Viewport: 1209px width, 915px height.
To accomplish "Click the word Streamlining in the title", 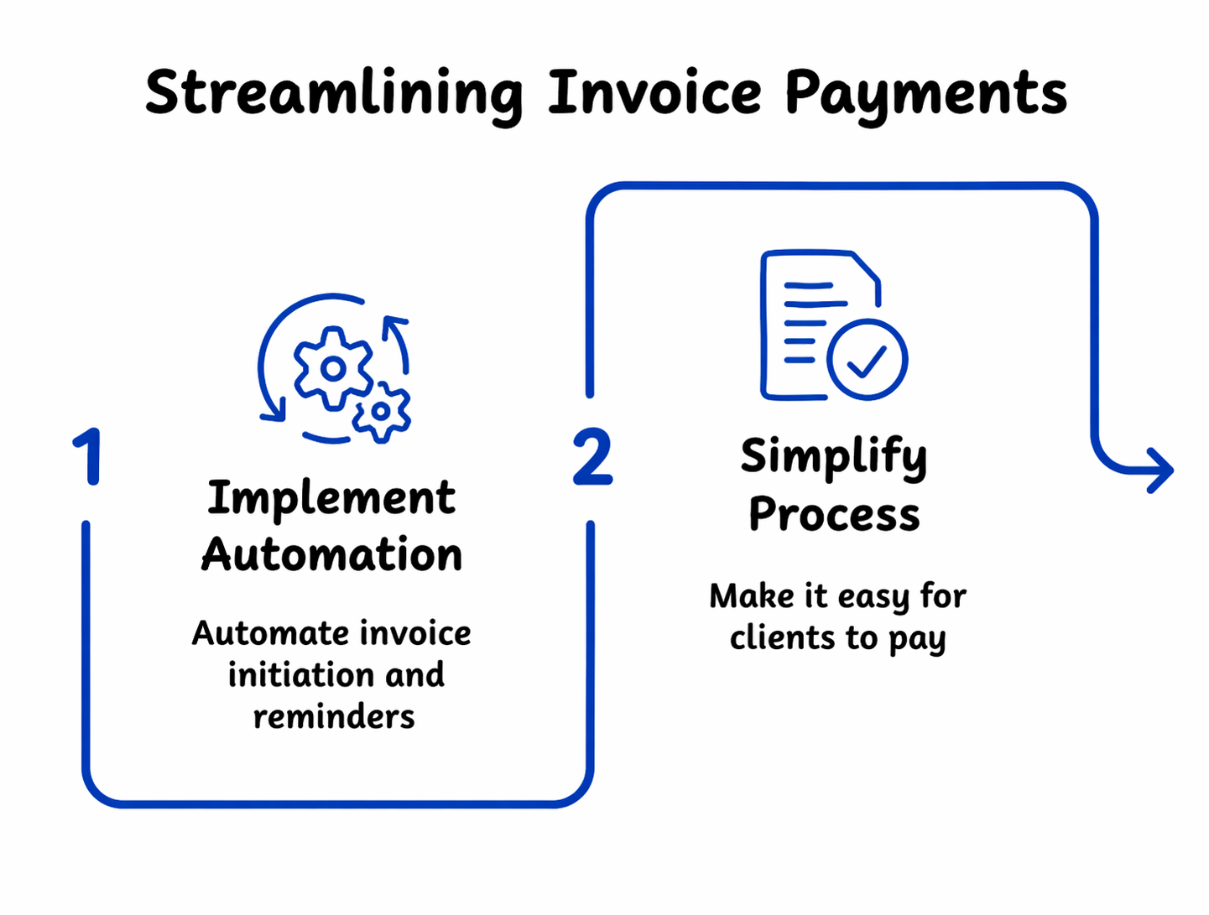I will click(x=333, y=94).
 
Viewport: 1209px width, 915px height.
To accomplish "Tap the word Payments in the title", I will click(x=925, y=94).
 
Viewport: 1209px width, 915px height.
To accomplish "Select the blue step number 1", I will click(x=87, y=457).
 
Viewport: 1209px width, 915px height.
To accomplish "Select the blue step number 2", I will click(x=592, y=458).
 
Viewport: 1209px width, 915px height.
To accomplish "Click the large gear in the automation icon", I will click(x=333, y=368).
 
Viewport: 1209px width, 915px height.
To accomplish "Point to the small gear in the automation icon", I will click(x=381, y=412).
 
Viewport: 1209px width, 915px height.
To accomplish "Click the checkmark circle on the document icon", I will click(x=867, y=359).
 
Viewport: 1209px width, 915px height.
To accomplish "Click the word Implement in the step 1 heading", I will click(x=331, y=499).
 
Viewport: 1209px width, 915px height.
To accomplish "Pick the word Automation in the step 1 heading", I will click(x=331, y=555).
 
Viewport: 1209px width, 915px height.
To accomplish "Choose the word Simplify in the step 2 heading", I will click(x=833, y=458).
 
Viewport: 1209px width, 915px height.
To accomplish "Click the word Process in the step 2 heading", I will click(x=834, y=514).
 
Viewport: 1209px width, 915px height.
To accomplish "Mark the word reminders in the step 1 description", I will click(x=334, y=717).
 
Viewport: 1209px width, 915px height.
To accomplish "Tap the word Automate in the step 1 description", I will click(x=258, y=633).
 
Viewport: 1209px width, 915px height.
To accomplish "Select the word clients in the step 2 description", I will click(x=782, y=638).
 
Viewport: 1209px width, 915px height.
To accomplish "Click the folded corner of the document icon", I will click(x=866, y=268).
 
